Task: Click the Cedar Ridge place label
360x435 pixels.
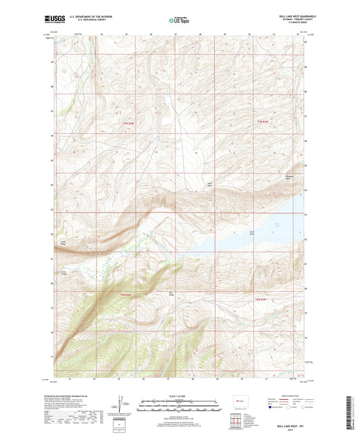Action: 63,241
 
